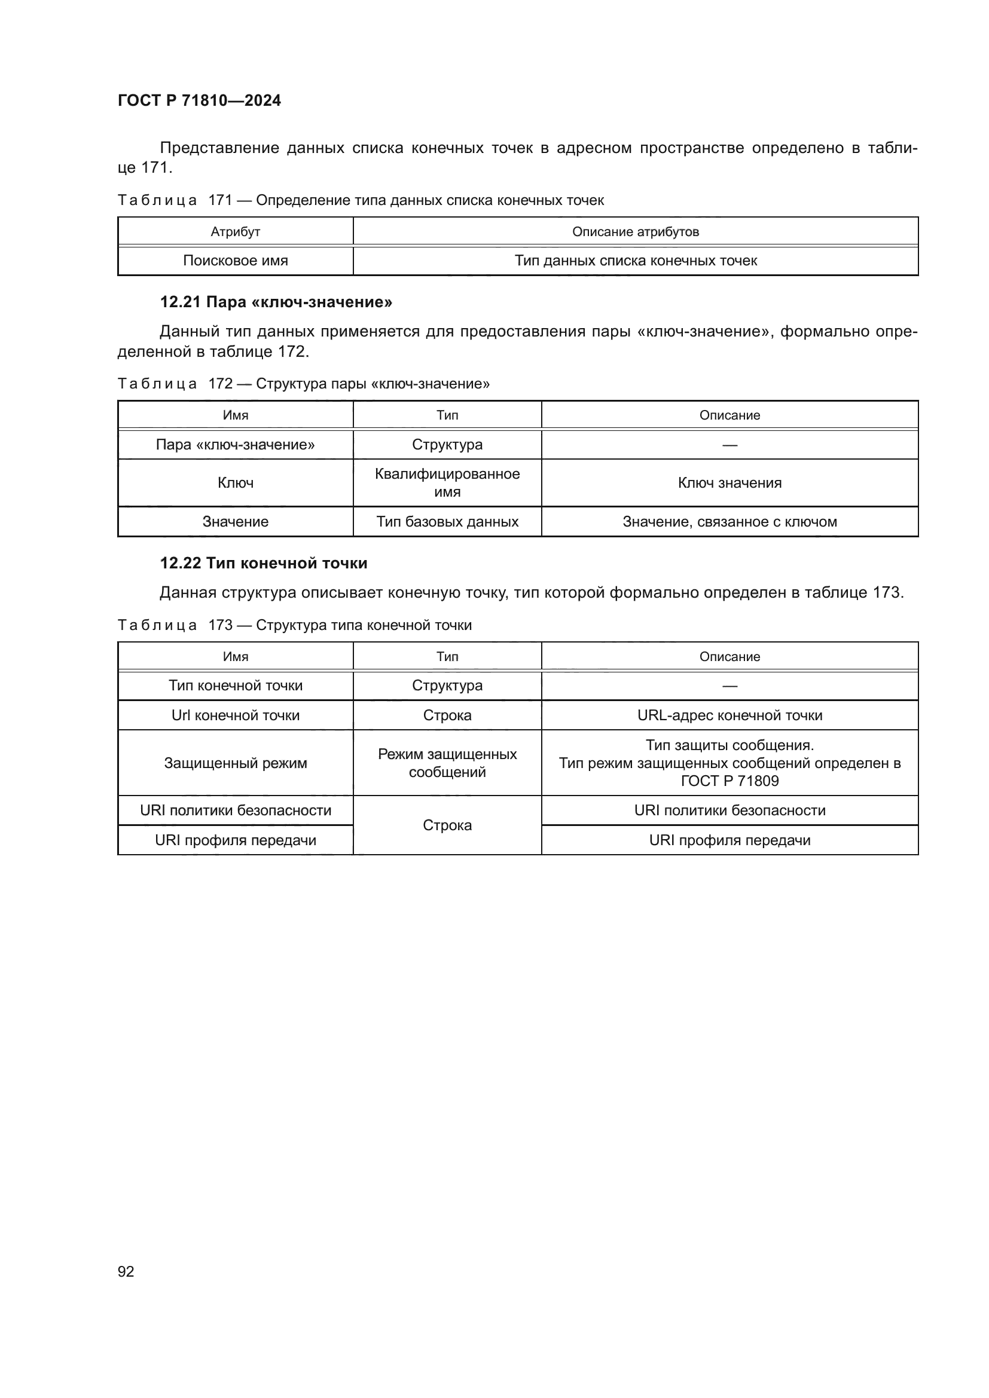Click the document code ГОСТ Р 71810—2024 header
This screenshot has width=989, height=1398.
point(199,100)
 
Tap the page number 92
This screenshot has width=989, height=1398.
point(126,1271)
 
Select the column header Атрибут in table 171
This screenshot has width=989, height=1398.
point(235,232)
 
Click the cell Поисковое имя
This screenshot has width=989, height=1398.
point(235,261)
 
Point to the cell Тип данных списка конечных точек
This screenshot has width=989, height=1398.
point(635,261)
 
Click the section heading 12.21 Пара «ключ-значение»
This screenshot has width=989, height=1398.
point(276,302)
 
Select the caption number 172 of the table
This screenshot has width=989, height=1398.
point(221,384)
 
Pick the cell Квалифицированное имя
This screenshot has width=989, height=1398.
point(447,483)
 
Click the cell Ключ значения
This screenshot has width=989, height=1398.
point(729,483)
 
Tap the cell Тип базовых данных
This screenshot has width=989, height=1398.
point(447,522)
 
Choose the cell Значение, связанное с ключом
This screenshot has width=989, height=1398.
point(729,522)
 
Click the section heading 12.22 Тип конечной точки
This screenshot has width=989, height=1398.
point(263,563)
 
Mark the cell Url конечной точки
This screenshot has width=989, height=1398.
point(235,715)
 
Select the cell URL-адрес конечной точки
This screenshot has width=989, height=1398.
point(729,715)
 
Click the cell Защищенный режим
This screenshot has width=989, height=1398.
point(235,763)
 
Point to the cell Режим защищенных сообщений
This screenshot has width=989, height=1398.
point(447,763)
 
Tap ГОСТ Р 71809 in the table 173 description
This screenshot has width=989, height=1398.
point(729,781)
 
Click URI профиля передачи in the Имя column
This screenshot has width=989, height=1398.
point(235,840)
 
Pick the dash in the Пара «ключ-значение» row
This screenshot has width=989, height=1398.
point(729,445)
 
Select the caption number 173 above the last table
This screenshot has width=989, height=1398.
point(221,625)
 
